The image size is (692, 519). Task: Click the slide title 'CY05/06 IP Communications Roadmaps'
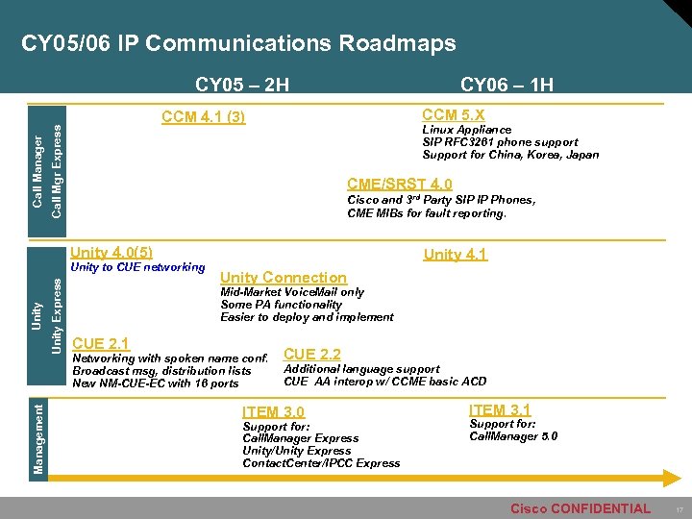(x=238, y=44)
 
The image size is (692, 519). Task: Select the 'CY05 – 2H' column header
(x=242, y=85)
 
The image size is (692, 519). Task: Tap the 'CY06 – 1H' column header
(x=507, y=85)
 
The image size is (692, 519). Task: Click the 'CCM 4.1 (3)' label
(x=204, y=118)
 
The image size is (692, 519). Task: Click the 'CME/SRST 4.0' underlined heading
(x=400, y=185)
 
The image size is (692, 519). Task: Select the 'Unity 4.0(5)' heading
(x=112, y=252)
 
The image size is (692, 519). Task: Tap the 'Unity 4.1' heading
(x=456, y=255)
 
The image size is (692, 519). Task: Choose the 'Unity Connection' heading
(x=284, y=277)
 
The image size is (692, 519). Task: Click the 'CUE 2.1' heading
(x=102, y=343)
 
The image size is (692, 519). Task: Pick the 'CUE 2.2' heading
(x=312, y=355)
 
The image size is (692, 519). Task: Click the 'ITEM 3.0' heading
(x=274, y=411)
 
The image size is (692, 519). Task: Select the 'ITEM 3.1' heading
(x=500, y=409)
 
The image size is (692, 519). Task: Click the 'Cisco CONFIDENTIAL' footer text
(x=580, y=508)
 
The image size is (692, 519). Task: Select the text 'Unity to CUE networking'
(x=138, y=267)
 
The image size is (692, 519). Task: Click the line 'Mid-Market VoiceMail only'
(x=292, y=292)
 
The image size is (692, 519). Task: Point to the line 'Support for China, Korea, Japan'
(x=510, y=155)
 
